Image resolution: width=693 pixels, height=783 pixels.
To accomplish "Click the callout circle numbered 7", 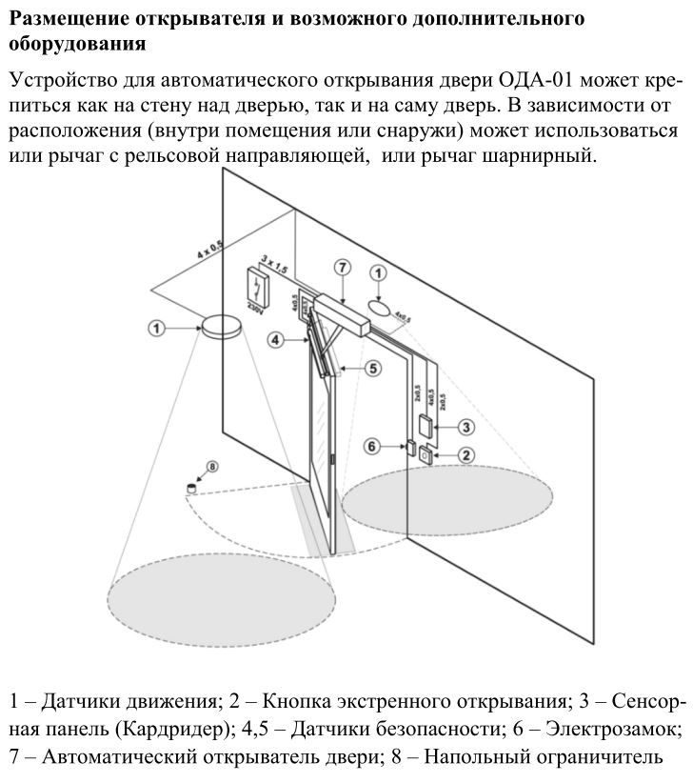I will (x=342, y=269).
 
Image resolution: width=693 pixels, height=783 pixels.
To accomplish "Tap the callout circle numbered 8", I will (x=212, y=467).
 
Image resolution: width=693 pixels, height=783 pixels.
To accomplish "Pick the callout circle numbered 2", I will (x=465, y=454).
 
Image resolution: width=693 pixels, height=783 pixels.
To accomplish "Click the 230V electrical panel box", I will (x=256, y=288).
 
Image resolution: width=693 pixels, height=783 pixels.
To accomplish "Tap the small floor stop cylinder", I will (x=191, y=488).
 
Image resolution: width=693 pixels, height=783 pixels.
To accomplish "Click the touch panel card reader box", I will (x=426, y=426).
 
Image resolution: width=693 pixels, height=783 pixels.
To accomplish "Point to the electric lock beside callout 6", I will (x=408, y=447).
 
